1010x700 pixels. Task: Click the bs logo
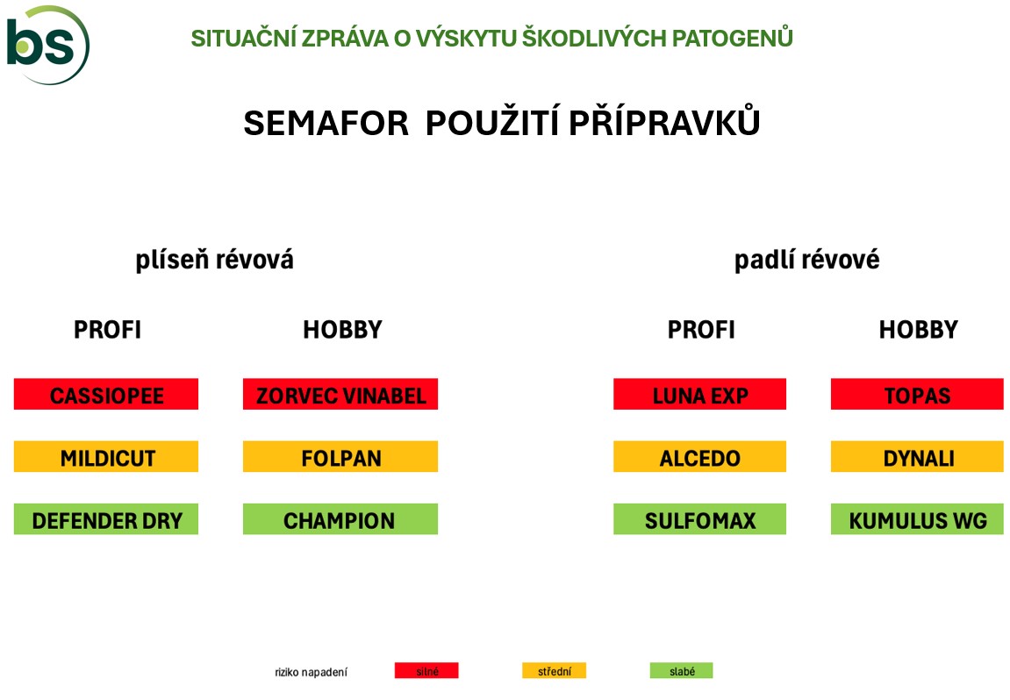tap(47, 45)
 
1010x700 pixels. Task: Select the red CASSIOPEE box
tap(106, 394)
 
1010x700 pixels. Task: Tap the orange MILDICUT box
tap(106, 456)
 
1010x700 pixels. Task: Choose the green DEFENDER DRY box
tap(106, 519)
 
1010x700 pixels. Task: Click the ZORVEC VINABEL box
tap(340, 394)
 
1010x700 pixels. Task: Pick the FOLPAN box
tap(340, 456)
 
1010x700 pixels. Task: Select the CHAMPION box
tap(340, 519)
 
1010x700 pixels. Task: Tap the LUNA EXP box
tap(699, 394)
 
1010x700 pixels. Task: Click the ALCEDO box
tap(699, 456)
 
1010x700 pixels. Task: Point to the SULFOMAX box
tap(699, 519)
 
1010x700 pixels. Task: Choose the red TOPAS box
tap(917, 394)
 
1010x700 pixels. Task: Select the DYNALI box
tap(917, 456)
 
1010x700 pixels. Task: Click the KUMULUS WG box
tap(917, 519)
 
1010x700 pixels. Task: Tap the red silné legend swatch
tap(426, 670)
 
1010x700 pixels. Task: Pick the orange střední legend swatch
tap(554, 670)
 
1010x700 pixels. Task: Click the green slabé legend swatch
tap(682, 670)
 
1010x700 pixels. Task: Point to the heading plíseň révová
tap(214, 261)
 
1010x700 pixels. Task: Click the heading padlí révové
tap(807, 261)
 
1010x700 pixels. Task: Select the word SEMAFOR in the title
tap(326, 122)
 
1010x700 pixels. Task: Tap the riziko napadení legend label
tap(312, 672)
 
